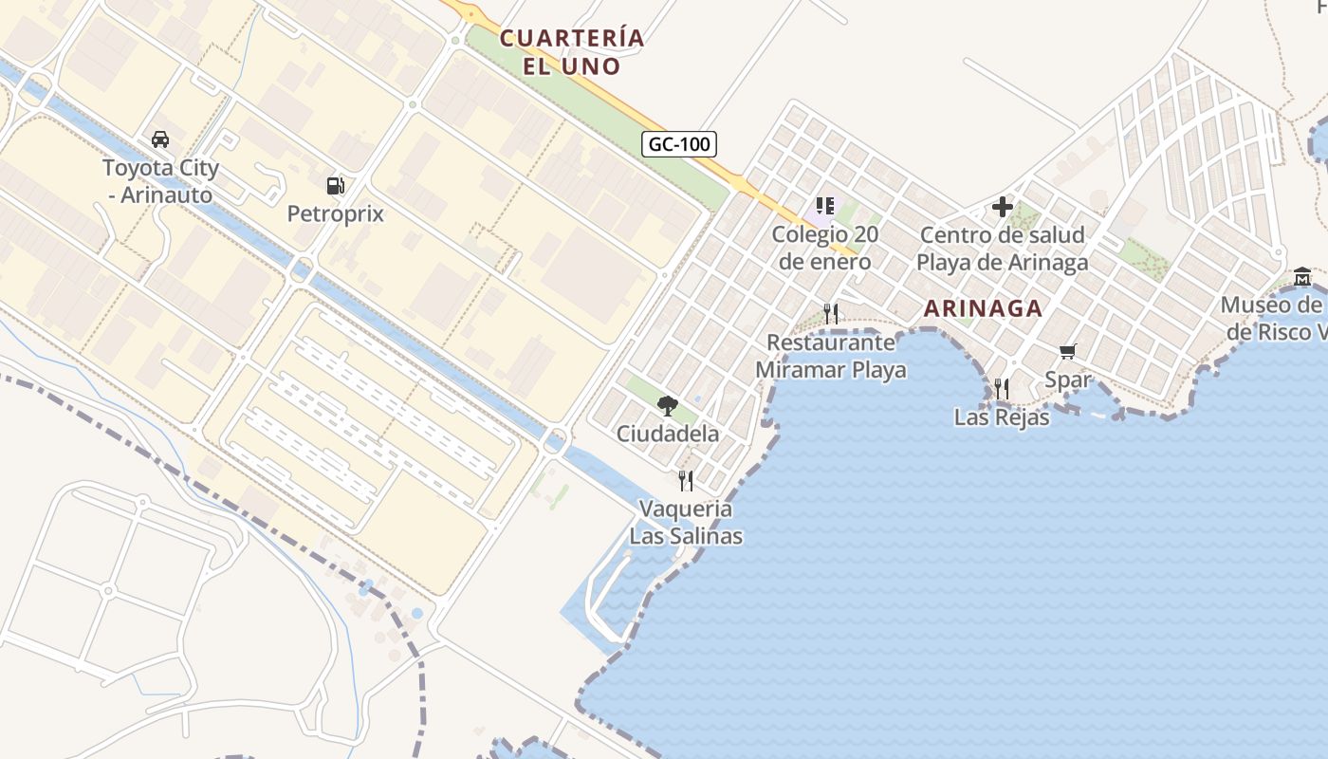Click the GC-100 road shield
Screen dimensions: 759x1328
[x=679, y=144]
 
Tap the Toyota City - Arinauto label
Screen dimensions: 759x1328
[x=160, y=181]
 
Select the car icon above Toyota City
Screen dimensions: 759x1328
[x=160, y=139]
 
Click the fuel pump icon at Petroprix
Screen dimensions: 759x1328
[x=335, y=185]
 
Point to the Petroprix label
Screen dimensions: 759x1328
[x=336, y=213]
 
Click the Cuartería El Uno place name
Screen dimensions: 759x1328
[x=572, y=52]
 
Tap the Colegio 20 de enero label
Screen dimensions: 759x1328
[x=824, y=247]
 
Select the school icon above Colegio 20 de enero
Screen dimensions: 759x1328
[x=824, y=205]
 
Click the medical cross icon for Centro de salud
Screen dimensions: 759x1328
[x=1003, y=206]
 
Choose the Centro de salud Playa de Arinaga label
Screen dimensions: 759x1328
[x=1003, y=248]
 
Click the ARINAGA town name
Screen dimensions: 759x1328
[x=983, y=308]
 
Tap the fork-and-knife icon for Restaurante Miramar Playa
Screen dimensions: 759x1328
[x=831, y=313]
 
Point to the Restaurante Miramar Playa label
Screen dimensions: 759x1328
[x=831, y=356]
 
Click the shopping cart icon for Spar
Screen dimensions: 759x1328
[x=1068, y=352]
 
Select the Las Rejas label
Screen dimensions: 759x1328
[x=1002, y=417]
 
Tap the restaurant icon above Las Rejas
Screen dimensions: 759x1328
[x=1002, y=388]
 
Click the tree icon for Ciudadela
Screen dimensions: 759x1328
[x=668, y=406]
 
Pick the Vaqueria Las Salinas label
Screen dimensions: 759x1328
[x=686, y=522]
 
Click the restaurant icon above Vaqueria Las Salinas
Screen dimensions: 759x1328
[x=686, y=481]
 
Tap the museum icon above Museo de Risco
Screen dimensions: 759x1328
[x=1302, y=277]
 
